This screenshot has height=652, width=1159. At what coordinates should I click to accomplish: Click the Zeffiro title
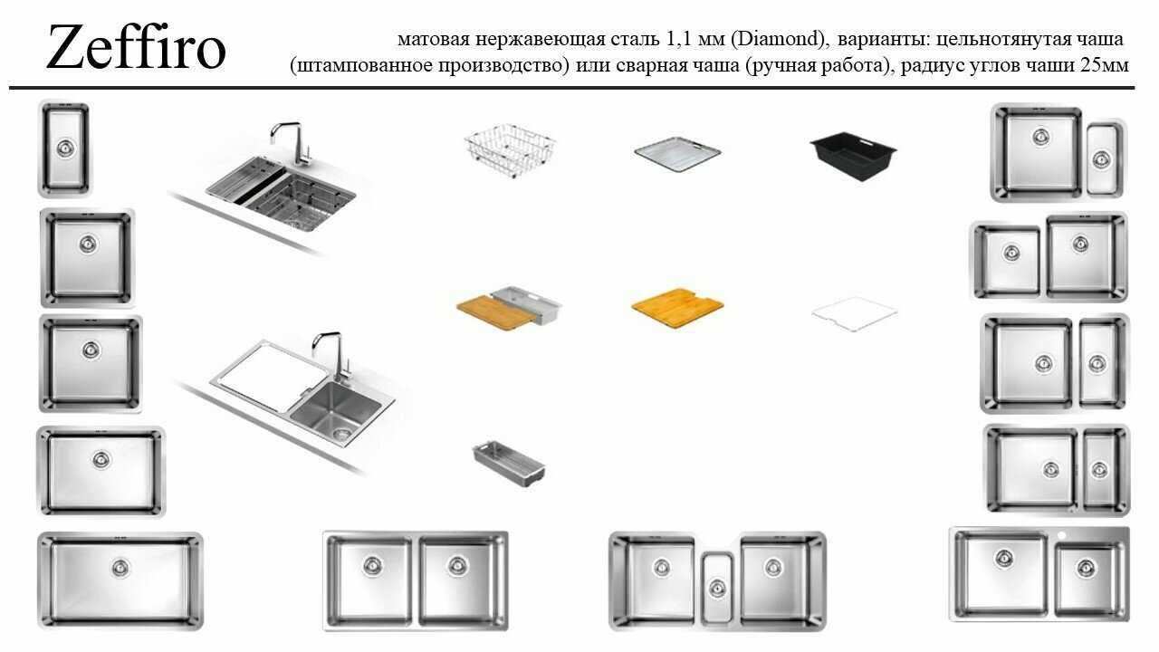pyautogui.click(x=136, y=47)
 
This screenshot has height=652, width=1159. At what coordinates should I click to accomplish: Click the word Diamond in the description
pyautogui.click(x=778, y=39)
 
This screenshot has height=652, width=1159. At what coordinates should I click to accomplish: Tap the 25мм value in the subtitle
pyautogui.click(x=1104, y=66)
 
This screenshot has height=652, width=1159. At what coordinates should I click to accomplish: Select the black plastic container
pyautogui.click(x=854, y=156)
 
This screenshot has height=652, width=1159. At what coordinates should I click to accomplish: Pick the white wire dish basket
pyautogui.click(x=510, y=150)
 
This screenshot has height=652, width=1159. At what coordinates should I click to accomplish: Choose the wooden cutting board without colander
pyautogui.click(x=677, y=308)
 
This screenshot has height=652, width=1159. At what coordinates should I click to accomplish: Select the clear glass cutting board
pyautogui.click(x=855, y=313)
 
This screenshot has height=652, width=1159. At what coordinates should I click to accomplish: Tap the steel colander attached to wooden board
pyautogui.click(x=527, y=303)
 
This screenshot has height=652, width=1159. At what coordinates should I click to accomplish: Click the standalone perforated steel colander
pyautogui.click(x=509, y=464)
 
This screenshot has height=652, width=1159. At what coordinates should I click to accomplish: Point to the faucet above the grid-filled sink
pyautogui.click(x=291, y=143)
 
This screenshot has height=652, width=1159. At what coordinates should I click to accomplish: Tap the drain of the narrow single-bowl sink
pyautogui.click(x=65, y=149)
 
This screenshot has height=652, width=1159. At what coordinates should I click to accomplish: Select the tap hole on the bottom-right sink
pyautogui.click(x=1062, y=535)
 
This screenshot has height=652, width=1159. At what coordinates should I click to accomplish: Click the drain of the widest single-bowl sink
pyautogui.click(x=120, y=568)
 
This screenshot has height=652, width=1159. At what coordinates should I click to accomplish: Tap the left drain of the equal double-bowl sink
pyautogui.click(x=372, y=565)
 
